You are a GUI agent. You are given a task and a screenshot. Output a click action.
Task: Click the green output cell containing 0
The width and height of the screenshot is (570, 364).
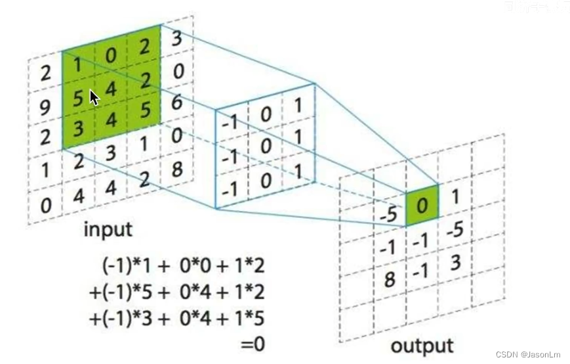pyautogui.click(x=422, y=206)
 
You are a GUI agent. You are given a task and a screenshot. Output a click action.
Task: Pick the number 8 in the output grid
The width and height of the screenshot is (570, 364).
pyautogui.click(x=389, y=280)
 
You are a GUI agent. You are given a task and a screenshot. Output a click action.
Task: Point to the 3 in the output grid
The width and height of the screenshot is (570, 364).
pyautogui.click(x=455, y=262)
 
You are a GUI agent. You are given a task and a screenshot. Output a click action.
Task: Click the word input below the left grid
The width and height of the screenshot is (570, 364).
pyautogui.click(x=108, y=230)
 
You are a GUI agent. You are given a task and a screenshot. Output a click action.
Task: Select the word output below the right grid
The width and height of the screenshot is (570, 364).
pyautogui.click(x=422, y=346)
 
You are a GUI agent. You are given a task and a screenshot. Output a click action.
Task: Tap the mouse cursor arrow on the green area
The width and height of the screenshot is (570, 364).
pyautogui.click(x=93, y=97)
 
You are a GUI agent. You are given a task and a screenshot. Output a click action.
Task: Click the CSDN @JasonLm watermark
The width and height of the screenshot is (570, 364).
pyautogui.click(x=528, y=354)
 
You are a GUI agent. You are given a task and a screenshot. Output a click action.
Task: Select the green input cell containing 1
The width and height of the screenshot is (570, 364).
pyautogui.click(x=78, y=66)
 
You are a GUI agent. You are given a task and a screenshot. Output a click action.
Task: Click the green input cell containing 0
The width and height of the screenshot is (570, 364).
pyautogui.click(x=111, y=56)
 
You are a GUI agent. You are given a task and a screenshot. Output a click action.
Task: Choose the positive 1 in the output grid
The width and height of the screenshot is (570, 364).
pyautogui.click(x=456, y=196)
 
